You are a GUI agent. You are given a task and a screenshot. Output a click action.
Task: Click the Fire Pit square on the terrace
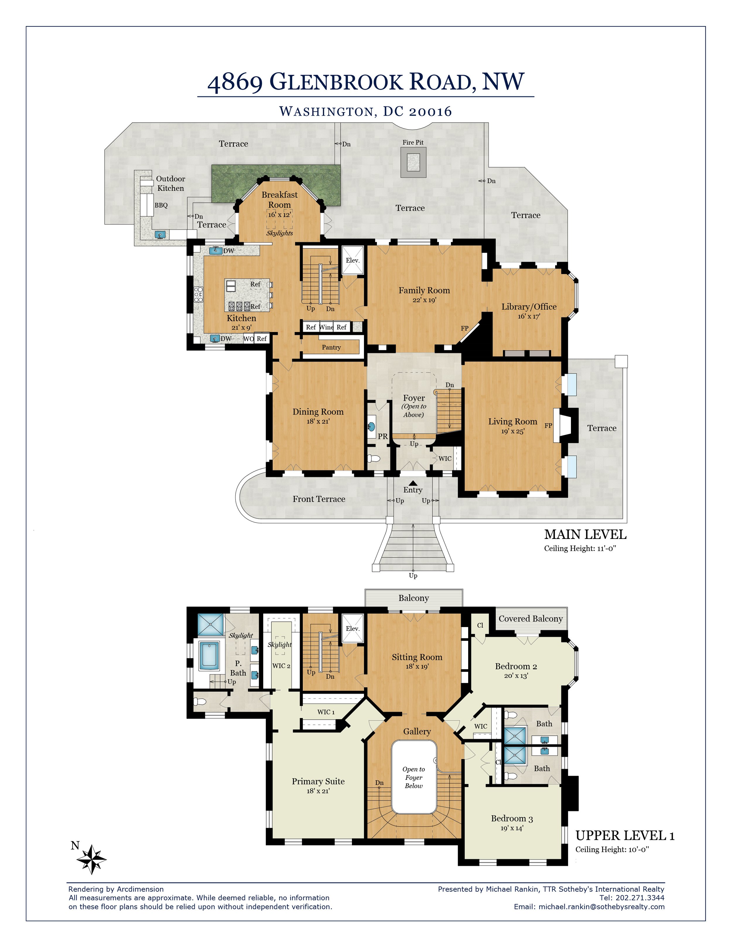413,162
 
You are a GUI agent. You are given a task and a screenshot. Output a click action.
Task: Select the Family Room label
424,290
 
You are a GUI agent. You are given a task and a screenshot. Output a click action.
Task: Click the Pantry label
331,347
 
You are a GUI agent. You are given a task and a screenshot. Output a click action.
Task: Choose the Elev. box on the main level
353,260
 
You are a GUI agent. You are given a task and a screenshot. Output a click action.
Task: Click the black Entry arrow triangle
413,483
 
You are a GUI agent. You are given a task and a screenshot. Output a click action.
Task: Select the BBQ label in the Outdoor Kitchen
161,205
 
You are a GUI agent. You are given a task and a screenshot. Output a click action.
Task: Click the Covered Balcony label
530,619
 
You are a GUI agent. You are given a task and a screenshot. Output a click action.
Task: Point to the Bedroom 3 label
512,818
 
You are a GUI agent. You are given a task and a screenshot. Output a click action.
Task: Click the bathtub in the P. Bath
209,655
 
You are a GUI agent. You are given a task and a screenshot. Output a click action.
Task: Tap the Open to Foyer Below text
414,778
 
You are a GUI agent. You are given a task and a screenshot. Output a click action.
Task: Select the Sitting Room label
417,657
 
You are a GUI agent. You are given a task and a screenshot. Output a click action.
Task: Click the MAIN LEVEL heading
585,534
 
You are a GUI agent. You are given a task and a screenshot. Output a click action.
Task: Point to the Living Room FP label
548,426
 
